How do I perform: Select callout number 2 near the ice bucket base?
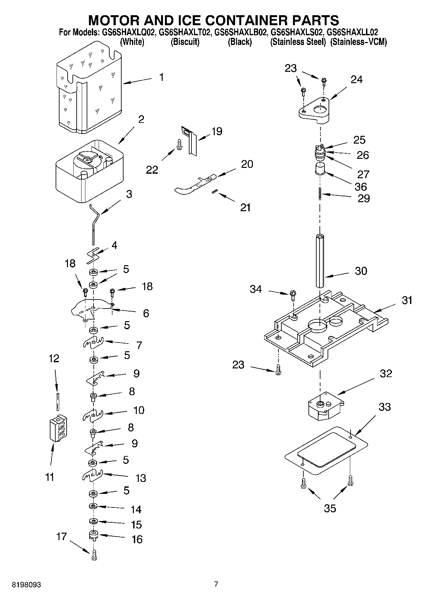coord(141,119)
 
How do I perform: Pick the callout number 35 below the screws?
coord(330,508)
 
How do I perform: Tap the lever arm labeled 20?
coord(194,184)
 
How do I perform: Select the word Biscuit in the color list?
coord(185,42)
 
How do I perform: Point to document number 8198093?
coord(27,584)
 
